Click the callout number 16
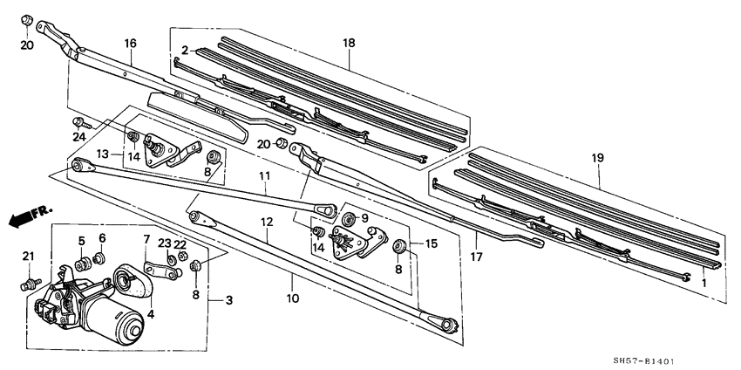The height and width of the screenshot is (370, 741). pyautogui.click(x=131, y=43)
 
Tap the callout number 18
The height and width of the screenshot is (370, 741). pyautogui.click(x=349, y=41)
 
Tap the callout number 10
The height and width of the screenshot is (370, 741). pyautogui.click(x=293, y=298)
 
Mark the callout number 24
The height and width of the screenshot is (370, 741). pyautogui.click(x=79, y=137)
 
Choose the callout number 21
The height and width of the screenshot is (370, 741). pyautogui.click(x=26, y=256)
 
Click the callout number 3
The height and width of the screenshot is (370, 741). pyautogui.click(x=229, y=301)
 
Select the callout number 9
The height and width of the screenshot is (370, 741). pyautogui.click(x=364, y=218)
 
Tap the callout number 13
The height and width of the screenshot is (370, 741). pyautogui.click(x=103, y=154)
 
